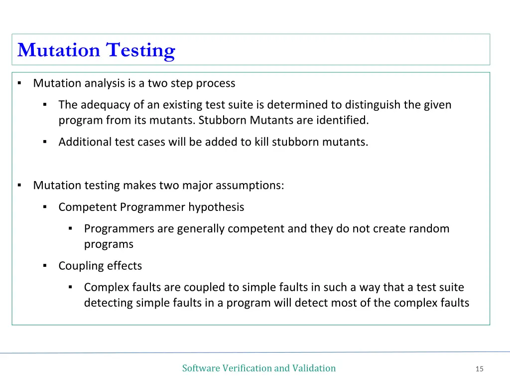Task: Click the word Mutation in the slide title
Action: (x=59, y=50)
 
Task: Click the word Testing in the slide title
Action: (x=140, y=50)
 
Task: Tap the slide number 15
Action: (x=479, y=369)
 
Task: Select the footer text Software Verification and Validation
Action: (x=258, y=368)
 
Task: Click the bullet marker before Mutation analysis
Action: (x=19, y=83)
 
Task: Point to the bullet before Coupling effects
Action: (x=45, y=266)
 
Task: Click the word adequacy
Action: (x=123, y=105)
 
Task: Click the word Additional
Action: (x=85, y=142)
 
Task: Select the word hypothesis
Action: (x=216, y=207)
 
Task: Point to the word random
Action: (x=429, y=229)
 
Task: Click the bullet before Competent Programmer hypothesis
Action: (x=45, y=207)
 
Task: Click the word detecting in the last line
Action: (x=108, y=303)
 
